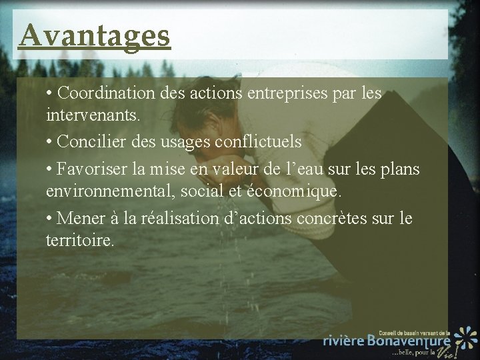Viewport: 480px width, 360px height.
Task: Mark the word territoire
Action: click(x=80, y=240)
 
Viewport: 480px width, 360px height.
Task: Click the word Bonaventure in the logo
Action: click(x=409, y=340)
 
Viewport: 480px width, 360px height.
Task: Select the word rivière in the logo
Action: click(x=344, y=340)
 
